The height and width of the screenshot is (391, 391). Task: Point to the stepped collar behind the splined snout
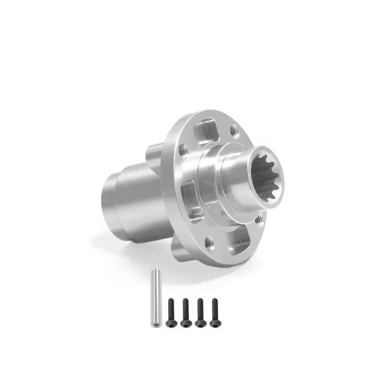coord(211,176)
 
